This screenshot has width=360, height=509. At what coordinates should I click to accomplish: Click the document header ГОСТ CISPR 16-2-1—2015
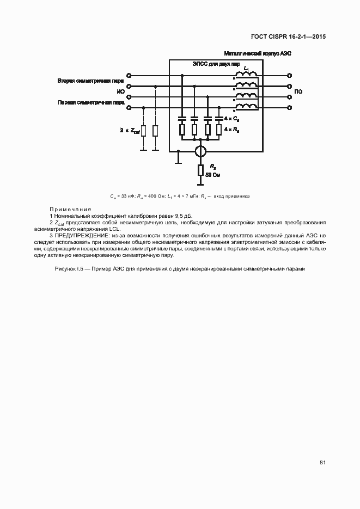pos(289,37)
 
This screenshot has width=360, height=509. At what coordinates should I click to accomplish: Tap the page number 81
pos(322,462)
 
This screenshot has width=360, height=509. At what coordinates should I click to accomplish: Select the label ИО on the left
pos(120,91)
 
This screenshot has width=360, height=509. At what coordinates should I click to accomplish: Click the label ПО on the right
pos(298,91)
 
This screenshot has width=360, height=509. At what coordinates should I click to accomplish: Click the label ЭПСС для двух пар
pos(216,64)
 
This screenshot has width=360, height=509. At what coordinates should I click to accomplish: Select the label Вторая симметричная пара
pos(90,81)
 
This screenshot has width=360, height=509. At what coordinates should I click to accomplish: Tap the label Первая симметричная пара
pos(90,102)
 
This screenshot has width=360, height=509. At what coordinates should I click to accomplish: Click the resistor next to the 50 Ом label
pos(200,170)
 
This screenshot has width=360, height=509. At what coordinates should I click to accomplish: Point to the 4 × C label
pos(231,118)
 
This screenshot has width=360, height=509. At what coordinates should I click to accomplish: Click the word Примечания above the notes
pos(70,210)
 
